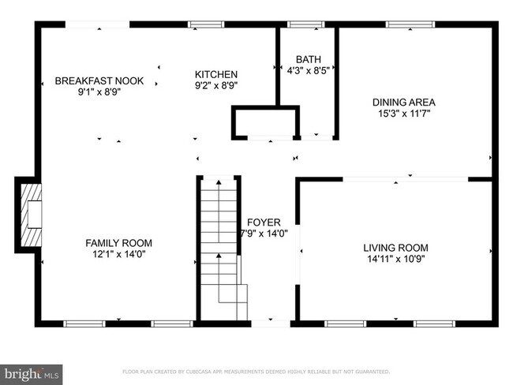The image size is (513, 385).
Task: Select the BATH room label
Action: [x=308, y=60]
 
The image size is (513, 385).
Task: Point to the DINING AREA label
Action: [x=404, y=102]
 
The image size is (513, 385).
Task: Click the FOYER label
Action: [x=264, y=222]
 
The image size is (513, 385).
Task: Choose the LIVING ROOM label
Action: [x=407, y=248]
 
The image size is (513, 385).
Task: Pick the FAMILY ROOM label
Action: [x=118, y=243]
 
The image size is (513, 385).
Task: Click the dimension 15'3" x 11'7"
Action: [x=404, y=113]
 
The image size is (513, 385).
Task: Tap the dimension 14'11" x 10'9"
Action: [x=407, y=259]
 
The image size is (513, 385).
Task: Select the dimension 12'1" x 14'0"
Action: [x=118, y=254]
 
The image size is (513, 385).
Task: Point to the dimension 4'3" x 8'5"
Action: [x=308, y=71]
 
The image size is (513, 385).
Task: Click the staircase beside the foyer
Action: [x=219, y=245]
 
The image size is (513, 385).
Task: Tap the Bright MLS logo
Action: [x=32, y=372]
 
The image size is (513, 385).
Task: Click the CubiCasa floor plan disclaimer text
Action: [x=256, y=372]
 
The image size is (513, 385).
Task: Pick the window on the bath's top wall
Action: [x=308, y=24]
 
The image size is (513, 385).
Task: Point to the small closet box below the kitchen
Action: [x=264, y=125]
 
